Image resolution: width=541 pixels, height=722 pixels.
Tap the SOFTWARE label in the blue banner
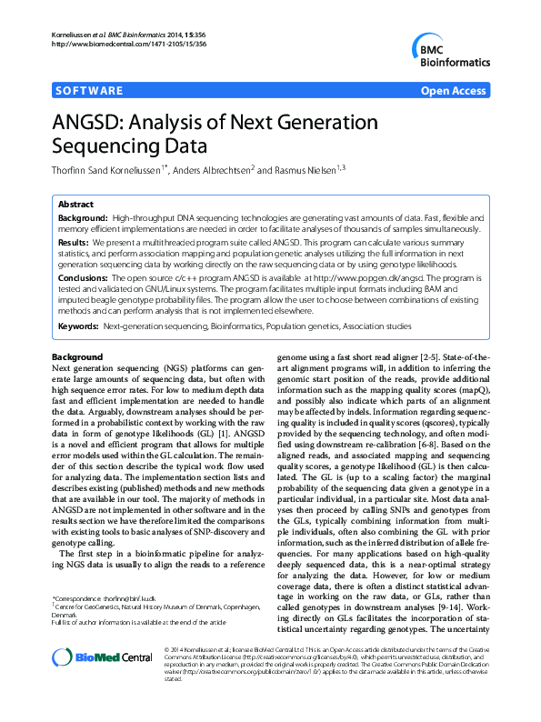(x=89, y=91)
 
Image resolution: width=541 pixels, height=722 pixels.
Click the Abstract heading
(x=75, y=206)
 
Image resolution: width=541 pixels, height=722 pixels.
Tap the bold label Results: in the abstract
(x=74, y=244)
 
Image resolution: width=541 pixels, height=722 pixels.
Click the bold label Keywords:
(x=78, y=326)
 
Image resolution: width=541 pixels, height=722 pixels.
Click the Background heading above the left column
(x=77, y=357)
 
